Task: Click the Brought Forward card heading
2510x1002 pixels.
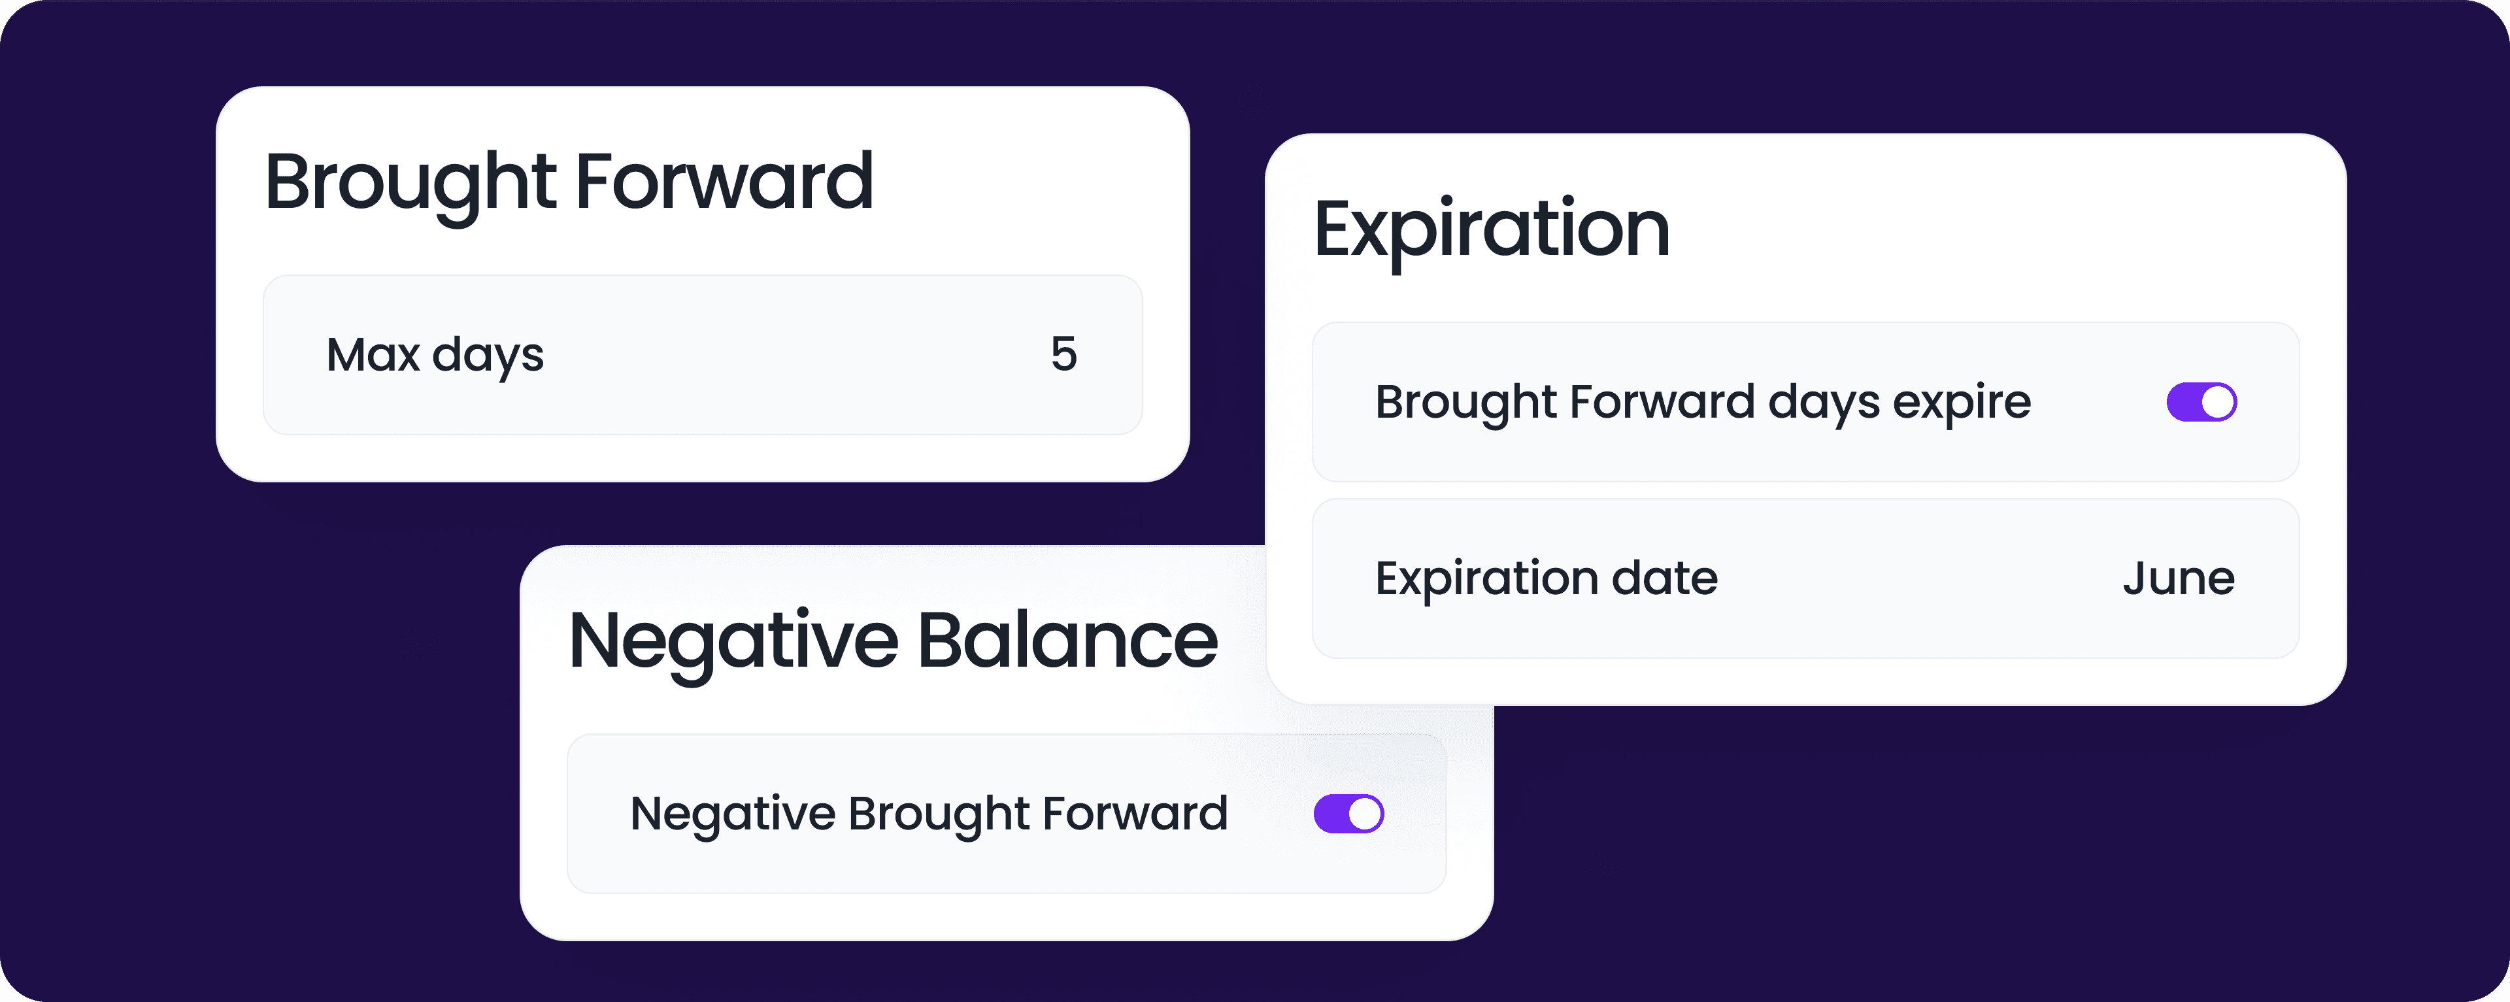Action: [569, 183]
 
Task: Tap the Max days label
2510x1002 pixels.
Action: [435, 356]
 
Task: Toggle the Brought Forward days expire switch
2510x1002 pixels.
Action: [2201, 401]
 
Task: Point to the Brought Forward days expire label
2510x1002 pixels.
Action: [1702, 403]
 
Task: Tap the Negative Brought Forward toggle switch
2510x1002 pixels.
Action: [1348, 814]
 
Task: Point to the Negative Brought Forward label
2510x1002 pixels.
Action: [929, 814]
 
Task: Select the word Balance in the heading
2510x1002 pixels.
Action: [1068, 641]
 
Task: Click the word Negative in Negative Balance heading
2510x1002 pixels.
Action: [733, 643]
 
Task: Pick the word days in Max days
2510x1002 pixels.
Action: [488, 357]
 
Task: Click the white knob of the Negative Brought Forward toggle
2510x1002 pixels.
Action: [1364, 814]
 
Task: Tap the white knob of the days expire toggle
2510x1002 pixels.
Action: [2218, 401]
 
